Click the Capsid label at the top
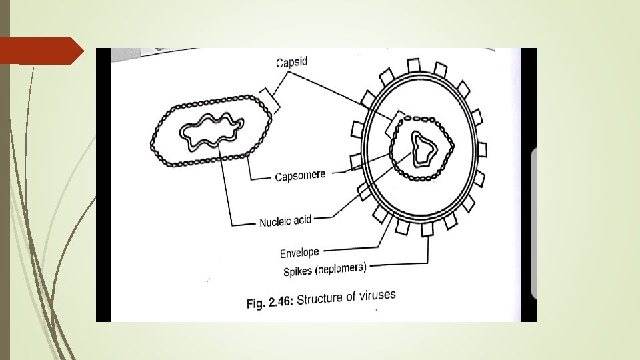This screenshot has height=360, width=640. [293, 62]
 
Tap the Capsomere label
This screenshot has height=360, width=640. [300, 175]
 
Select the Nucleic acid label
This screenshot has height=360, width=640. [285, 221]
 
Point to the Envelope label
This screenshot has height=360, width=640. [299, 253]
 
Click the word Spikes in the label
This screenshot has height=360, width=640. [297, 271]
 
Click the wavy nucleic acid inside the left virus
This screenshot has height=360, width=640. [207, 130]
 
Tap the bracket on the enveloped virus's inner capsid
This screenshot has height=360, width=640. [399, 118]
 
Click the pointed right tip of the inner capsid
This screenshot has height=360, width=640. [453, 143]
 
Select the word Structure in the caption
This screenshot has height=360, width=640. [319, 299]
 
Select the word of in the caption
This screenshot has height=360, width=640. [351, 297]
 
